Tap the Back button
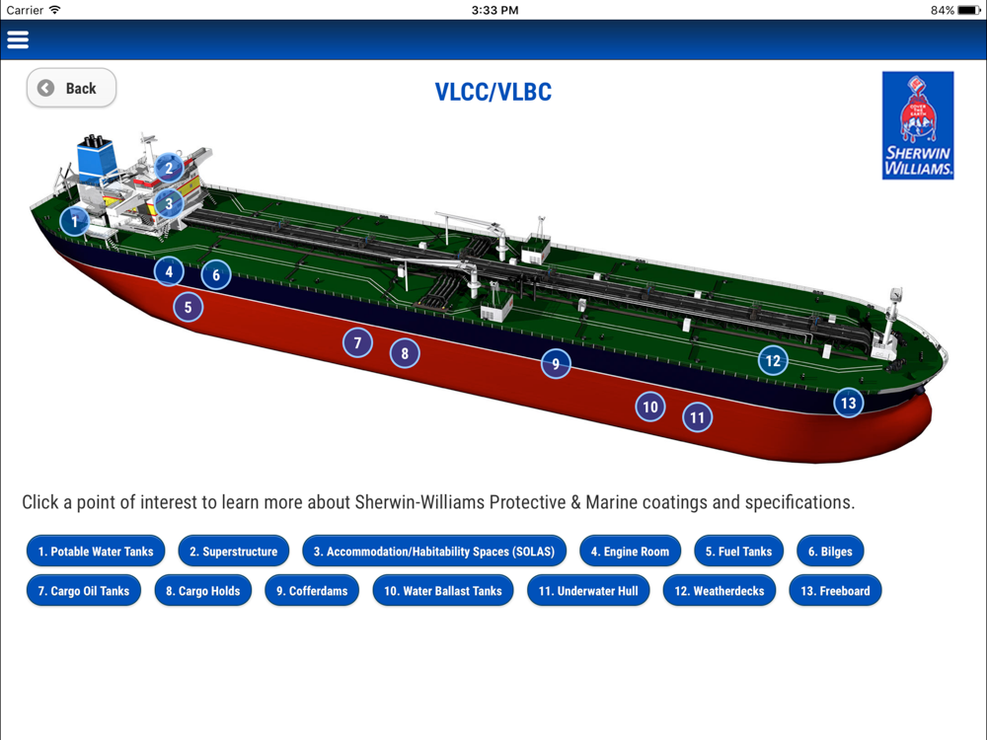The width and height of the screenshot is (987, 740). coord(71,89)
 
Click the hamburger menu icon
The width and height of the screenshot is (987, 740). coord(18,40)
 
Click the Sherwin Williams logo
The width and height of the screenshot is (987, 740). coord(918,125)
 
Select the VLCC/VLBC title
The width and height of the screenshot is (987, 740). coord(493,93)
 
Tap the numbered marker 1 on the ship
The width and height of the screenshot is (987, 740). coord(74,222)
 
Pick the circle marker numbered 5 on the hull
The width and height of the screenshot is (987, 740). coord(188,308)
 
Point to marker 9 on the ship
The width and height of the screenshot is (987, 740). coord(556,364)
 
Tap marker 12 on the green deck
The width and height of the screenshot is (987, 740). coord(773,361)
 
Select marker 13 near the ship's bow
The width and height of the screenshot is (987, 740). coord(848,403)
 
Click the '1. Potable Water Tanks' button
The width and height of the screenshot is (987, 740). coord(96,552)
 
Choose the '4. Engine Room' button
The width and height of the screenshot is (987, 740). coord(630,552)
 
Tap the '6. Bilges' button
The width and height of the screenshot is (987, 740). coord(830,552)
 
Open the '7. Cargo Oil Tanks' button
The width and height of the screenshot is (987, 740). coord(84,591)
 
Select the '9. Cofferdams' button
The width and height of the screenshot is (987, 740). coord(312,591)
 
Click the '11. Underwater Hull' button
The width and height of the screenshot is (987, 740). coord(588,591)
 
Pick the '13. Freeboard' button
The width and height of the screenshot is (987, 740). coord(835,591)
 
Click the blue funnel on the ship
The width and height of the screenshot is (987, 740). coord(96,158)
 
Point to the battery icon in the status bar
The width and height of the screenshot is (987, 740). coord(968,10)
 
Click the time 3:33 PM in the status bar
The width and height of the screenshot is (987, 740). coord(494,10)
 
